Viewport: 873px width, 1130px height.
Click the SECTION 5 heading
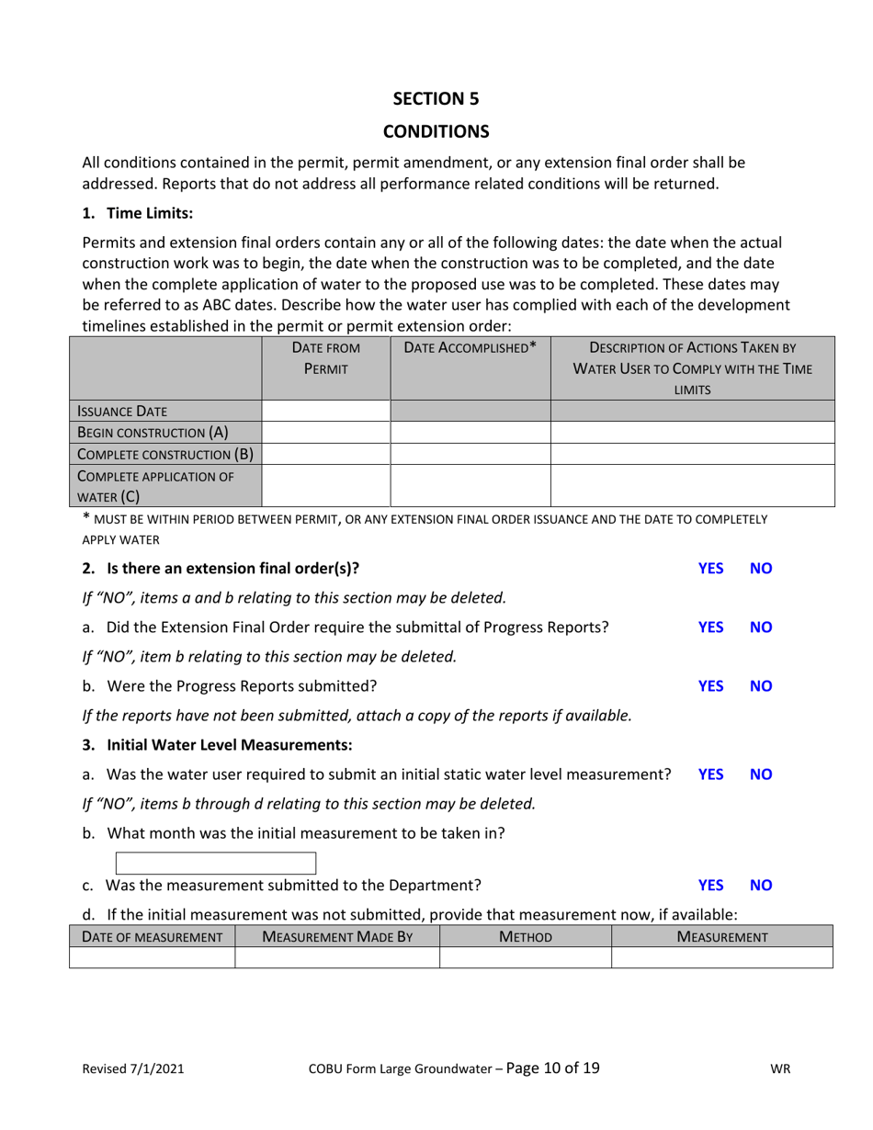point(436,98)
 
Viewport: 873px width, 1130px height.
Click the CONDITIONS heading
point(436,131)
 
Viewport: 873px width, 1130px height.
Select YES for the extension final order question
point(710,569)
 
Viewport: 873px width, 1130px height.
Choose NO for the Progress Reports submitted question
point(761,685)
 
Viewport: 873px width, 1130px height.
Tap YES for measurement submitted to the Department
point(710,886)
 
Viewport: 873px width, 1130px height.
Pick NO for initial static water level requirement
point(761,774)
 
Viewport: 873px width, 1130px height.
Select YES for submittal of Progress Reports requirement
point(710,627)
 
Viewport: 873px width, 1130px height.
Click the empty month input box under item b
point(216,863)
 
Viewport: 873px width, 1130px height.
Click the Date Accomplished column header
point(471,348)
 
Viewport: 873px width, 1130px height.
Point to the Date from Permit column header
point(325,358)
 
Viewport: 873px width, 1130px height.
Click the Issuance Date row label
point(121,412)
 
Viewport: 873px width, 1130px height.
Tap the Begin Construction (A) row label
point(153,433)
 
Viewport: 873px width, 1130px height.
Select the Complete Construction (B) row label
point(164,454)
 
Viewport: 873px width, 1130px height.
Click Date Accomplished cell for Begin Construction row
point(470,433)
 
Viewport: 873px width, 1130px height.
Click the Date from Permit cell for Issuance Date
point(325,412)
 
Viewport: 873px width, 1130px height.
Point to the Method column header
point(525,937)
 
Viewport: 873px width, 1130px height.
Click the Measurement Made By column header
point(336,937)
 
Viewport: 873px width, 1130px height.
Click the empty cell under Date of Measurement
point(152,958)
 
